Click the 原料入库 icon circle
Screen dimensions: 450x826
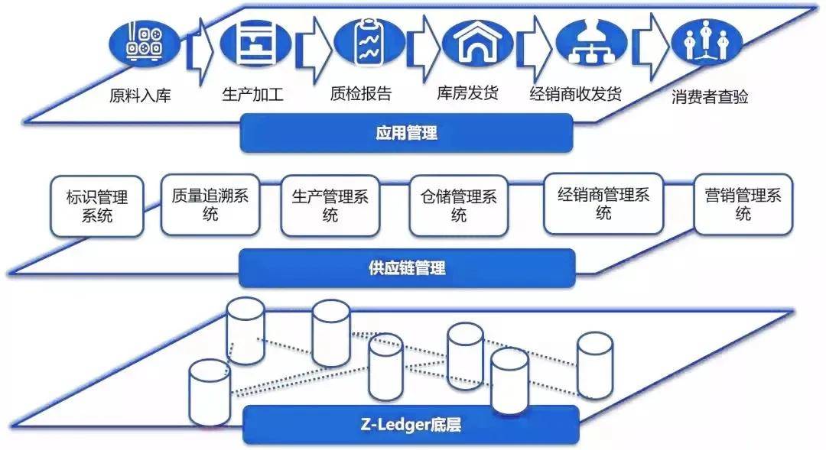pos(143,44)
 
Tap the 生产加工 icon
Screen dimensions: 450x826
pos(255,43)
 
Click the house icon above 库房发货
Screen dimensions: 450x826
pos(477,43)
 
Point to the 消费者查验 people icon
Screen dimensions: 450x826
pos(706,43)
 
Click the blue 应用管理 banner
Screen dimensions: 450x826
pos(406,133)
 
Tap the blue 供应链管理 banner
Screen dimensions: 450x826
pos(406,268)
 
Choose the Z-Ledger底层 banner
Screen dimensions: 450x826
pos(411,425)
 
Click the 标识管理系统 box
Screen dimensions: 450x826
pos(97,206)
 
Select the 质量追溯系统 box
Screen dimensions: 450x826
pos(210,204)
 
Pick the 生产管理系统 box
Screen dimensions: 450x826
pos(330,206)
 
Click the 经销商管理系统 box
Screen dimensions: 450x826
pos(603,202)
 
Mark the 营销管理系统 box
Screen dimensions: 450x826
pos(743,204)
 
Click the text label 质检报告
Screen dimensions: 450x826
pos(361,94)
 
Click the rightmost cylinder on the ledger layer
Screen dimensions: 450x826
pos(594,365)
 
